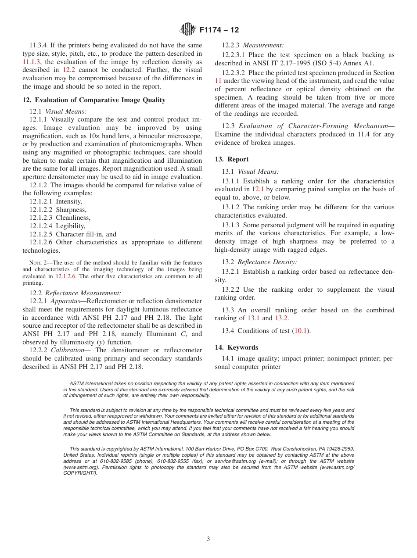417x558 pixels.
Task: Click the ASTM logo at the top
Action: click(x=188, y=30)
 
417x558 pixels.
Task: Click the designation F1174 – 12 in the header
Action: click(x=219, y=30)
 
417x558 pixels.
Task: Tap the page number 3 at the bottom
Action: click(x=208, y=539)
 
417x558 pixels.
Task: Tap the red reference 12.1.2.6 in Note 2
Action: click(x=65, y=276)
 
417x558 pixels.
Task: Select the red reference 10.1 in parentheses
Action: click(x=300, y=331)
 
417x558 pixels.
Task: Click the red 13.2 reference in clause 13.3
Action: click(x=281, y=318)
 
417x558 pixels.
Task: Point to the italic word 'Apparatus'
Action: click(x=65, y=301)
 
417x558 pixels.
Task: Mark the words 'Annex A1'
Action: click(x=359, y=63)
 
